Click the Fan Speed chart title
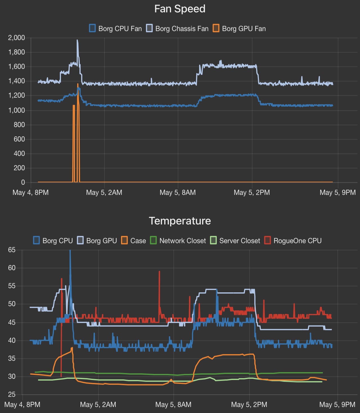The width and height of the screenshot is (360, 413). (x=180, y=9)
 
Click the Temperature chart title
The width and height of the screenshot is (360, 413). (x=180, y=221)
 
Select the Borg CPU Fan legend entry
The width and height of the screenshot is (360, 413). (x=115, y=29)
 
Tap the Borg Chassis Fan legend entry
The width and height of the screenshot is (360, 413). (x=177, y=29)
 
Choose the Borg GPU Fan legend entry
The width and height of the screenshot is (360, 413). (x=239, y=29)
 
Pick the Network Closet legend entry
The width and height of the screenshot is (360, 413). (x=178, y=241)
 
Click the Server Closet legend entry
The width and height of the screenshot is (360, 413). (x=235, y=241)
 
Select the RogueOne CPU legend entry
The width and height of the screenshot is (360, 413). (x=293, y=241)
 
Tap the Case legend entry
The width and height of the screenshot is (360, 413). (x=134, y=241)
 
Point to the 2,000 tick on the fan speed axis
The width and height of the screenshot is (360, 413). (x=17, y=38)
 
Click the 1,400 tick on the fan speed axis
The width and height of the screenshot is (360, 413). (x=17, y=81)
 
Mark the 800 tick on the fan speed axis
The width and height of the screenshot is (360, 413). (x=19, y=125)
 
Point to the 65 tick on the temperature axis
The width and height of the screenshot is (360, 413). (x=12, y=250)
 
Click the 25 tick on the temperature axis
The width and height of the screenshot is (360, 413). (x=12, y=394)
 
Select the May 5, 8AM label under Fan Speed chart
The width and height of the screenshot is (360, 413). (x=177, y=193)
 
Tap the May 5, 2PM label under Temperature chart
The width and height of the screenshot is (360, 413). (x=249, y=405)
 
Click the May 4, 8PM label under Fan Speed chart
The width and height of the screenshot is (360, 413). (x=31, y=193)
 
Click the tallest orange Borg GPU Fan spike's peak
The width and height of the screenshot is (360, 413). (x=78, y=84)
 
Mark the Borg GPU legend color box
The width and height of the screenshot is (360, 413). (x=80, y=240)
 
